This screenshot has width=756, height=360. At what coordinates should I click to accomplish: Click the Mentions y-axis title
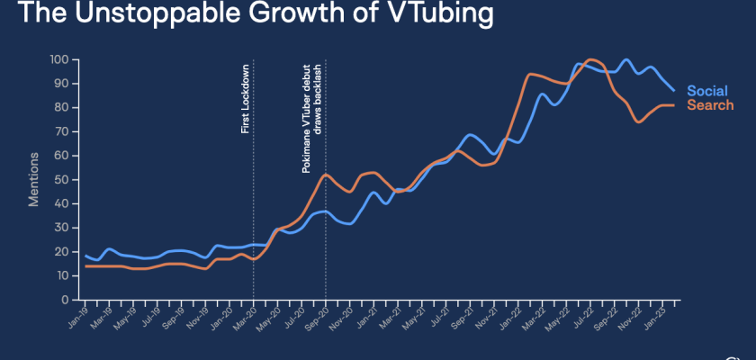pos(33,180)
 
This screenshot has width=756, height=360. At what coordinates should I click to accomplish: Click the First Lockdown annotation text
pos(245,99)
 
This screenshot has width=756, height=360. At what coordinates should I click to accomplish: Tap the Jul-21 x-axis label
pos(437,314)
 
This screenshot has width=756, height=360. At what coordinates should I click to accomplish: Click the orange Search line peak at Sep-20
pos(326,175)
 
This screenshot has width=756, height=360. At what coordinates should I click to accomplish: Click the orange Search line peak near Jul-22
pos(591,60)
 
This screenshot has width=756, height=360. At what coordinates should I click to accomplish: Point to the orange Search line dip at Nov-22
pos(639,121)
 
